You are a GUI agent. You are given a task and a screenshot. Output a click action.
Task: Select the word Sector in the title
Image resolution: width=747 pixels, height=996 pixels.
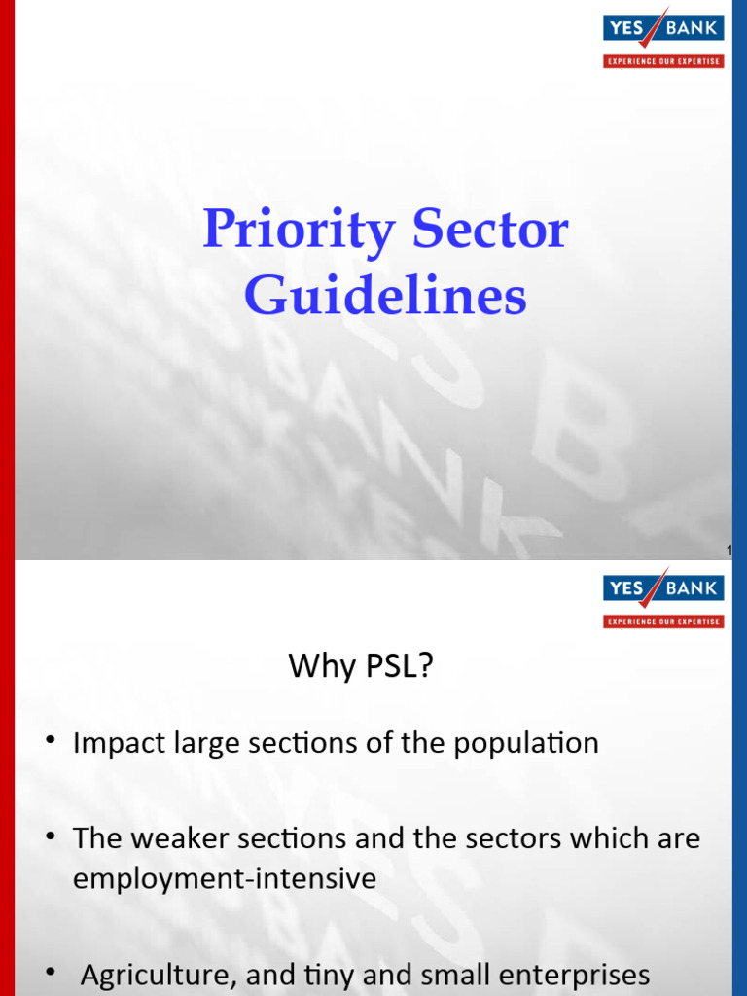click(490, 231)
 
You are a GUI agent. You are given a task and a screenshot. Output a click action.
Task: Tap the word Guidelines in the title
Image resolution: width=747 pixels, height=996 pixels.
click(385, 297)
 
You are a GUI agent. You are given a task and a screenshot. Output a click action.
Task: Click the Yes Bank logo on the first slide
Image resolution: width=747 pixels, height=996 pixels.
click(663, 26)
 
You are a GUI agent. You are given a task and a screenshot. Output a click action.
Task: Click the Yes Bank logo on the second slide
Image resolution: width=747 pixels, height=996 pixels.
click(663, 587)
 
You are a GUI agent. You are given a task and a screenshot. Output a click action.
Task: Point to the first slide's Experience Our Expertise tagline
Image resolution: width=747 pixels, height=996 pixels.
click(663, 61)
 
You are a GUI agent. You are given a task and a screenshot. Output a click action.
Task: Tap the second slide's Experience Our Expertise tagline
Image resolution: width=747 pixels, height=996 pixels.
click(663, 622)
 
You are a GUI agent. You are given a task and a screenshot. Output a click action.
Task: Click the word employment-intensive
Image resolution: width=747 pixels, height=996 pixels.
click(225, 878)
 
